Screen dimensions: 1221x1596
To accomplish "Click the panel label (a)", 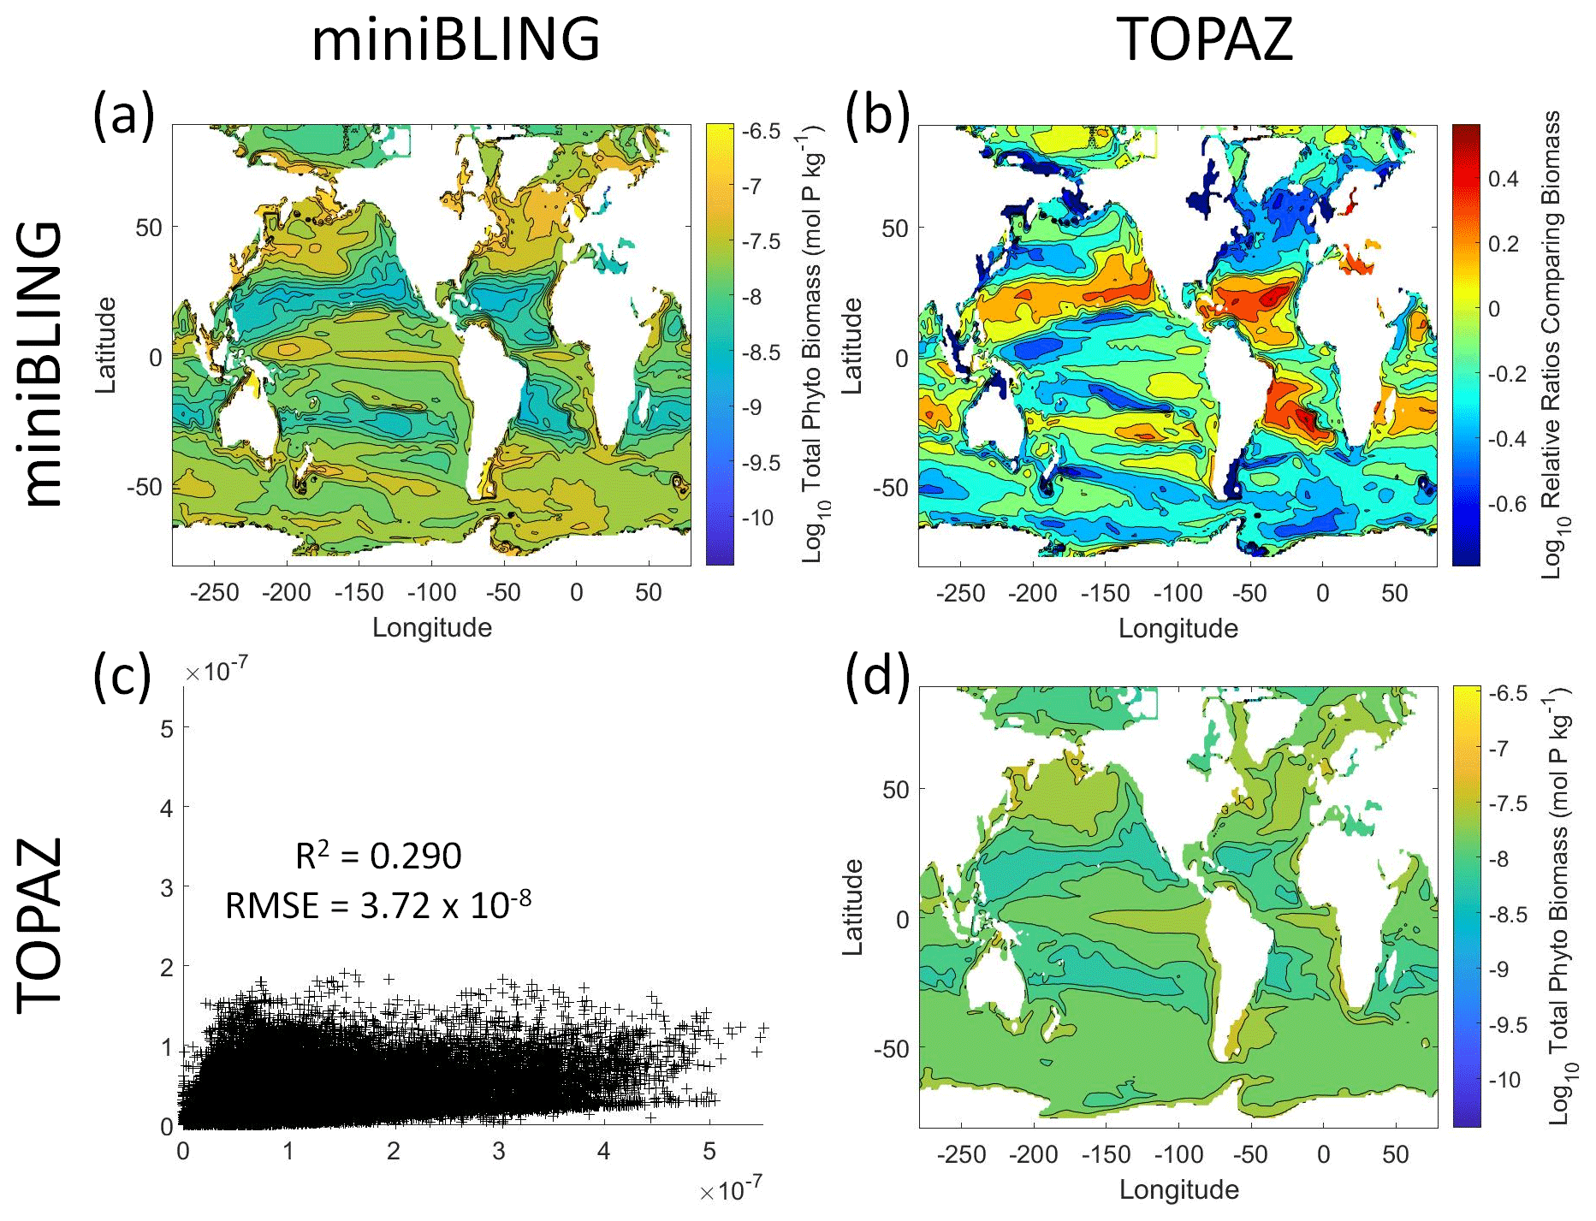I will click(123, 115).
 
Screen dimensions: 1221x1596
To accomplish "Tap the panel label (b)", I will click(877, 115).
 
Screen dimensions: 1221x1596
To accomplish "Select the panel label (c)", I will click(122, 676).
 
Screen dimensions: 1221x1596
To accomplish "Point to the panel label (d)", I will click(877, 676).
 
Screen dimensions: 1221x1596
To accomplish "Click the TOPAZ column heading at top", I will click(1204, 39).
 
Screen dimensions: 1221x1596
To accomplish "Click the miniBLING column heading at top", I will click(455, 39).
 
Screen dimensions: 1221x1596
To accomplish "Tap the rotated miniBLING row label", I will click(41, 364).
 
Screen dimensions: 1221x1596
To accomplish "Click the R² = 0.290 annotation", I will click(378, 856).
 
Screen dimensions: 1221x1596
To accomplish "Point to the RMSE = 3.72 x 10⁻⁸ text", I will click(377, 904).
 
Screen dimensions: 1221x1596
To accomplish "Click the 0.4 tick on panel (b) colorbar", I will click(1503, 179).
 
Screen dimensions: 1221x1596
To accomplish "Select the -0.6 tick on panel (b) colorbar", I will click(1506, 504).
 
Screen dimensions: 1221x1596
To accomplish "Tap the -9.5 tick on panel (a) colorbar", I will click(759, 463).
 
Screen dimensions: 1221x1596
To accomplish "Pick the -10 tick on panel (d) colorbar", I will click(1503, 1080).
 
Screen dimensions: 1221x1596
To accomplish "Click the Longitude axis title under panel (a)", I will click(432, 628).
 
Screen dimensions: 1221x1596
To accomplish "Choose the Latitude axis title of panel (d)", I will click(853, 907).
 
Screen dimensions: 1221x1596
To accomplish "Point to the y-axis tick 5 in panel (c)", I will click(167, 729).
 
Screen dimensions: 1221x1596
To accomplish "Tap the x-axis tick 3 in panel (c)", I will click(498, 1152).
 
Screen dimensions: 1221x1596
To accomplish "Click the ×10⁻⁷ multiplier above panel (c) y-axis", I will click(217, 672).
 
